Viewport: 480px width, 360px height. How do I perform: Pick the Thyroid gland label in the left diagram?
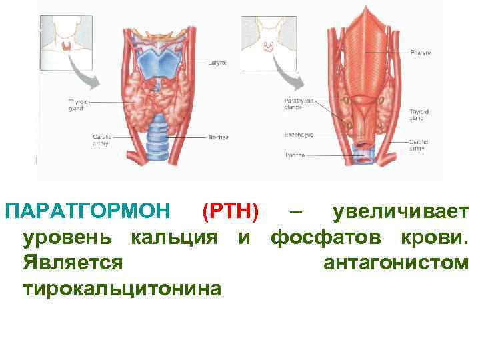(x=78, y=105)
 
